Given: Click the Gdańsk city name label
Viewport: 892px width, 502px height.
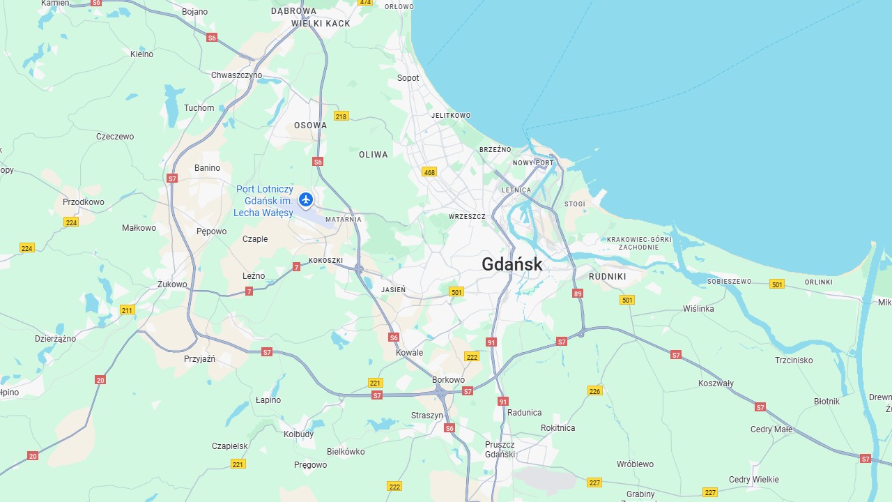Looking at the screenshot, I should point(512,264).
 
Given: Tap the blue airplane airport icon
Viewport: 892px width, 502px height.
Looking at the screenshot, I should point(305,200).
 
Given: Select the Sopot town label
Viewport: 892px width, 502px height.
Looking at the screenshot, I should point(408,78).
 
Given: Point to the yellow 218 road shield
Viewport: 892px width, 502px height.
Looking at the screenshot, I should point(341,116).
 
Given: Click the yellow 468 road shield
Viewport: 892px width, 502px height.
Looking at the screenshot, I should point(429,172).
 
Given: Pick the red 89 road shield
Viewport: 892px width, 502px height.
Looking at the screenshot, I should point(577,294).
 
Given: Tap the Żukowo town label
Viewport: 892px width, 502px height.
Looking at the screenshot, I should point(172,284).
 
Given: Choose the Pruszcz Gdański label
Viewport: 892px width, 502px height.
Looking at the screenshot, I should point(500,450).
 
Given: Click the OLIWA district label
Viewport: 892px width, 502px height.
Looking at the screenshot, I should point(374,155).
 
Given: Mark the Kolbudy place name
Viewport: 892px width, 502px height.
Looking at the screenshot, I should point(299,434).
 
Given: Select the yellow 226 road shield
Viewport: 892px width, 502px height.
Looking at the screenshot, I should point(594,390).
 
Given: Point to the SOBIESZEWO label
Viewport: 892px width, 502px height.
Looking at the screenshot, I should point(730,282).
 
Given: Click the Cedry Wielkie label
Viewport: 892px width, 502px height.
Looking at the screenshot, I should point(754,480).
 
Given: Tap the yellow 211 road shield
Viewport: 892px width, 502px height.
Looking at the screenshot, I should point(127,310).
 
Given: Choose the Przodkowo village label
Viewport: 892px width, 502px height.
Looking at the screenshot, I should point(84,202).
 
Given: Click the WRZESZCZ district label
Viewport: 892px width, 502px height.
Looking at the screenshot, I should point(467,217).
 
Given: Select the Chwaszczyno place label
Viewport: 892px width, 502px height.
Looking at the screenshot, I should point(237,75).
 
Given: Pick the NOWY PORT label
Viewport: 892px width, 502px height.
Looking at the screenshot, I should point(533,163).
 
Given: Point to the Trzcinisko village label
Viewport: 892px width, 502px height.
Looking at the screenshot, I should point(794,360).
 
